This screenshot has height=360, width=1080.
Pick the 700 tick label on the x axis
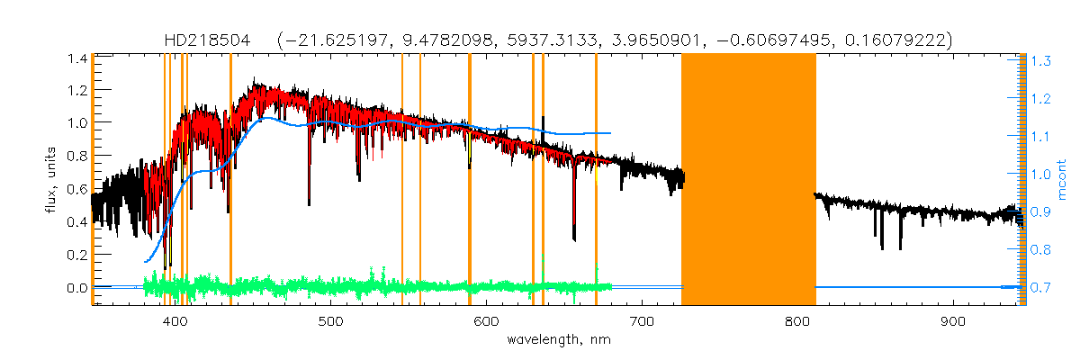pos(642,321)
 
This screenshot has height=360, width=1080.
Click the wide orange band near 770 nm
pos(748,180)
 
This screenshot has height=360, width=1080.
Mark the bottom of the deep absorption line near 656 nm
pos(574,238)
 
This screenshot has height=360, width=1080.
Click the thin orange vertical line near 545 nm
pos(401,180)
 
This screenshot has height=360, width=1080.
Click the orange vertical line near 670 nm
pos(596,180)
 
